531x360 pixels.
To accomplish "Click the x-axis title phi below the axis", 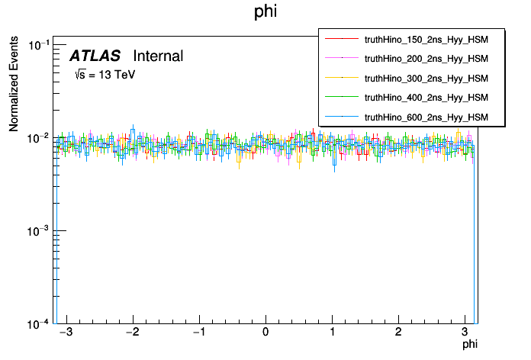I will tap(470, 346).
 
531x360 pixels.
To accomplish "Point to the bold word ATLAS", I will tap(96, 56).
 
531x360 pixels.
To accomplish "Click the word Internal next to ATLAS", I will tap(158, 56).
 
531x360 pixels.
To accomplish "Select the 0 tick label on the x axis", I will tap(265, 333).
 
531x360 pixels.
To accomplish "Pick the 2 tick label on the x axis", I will tap(398, 333).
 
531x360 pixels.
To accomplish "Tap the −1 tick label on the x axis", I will tap(198, 333).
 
